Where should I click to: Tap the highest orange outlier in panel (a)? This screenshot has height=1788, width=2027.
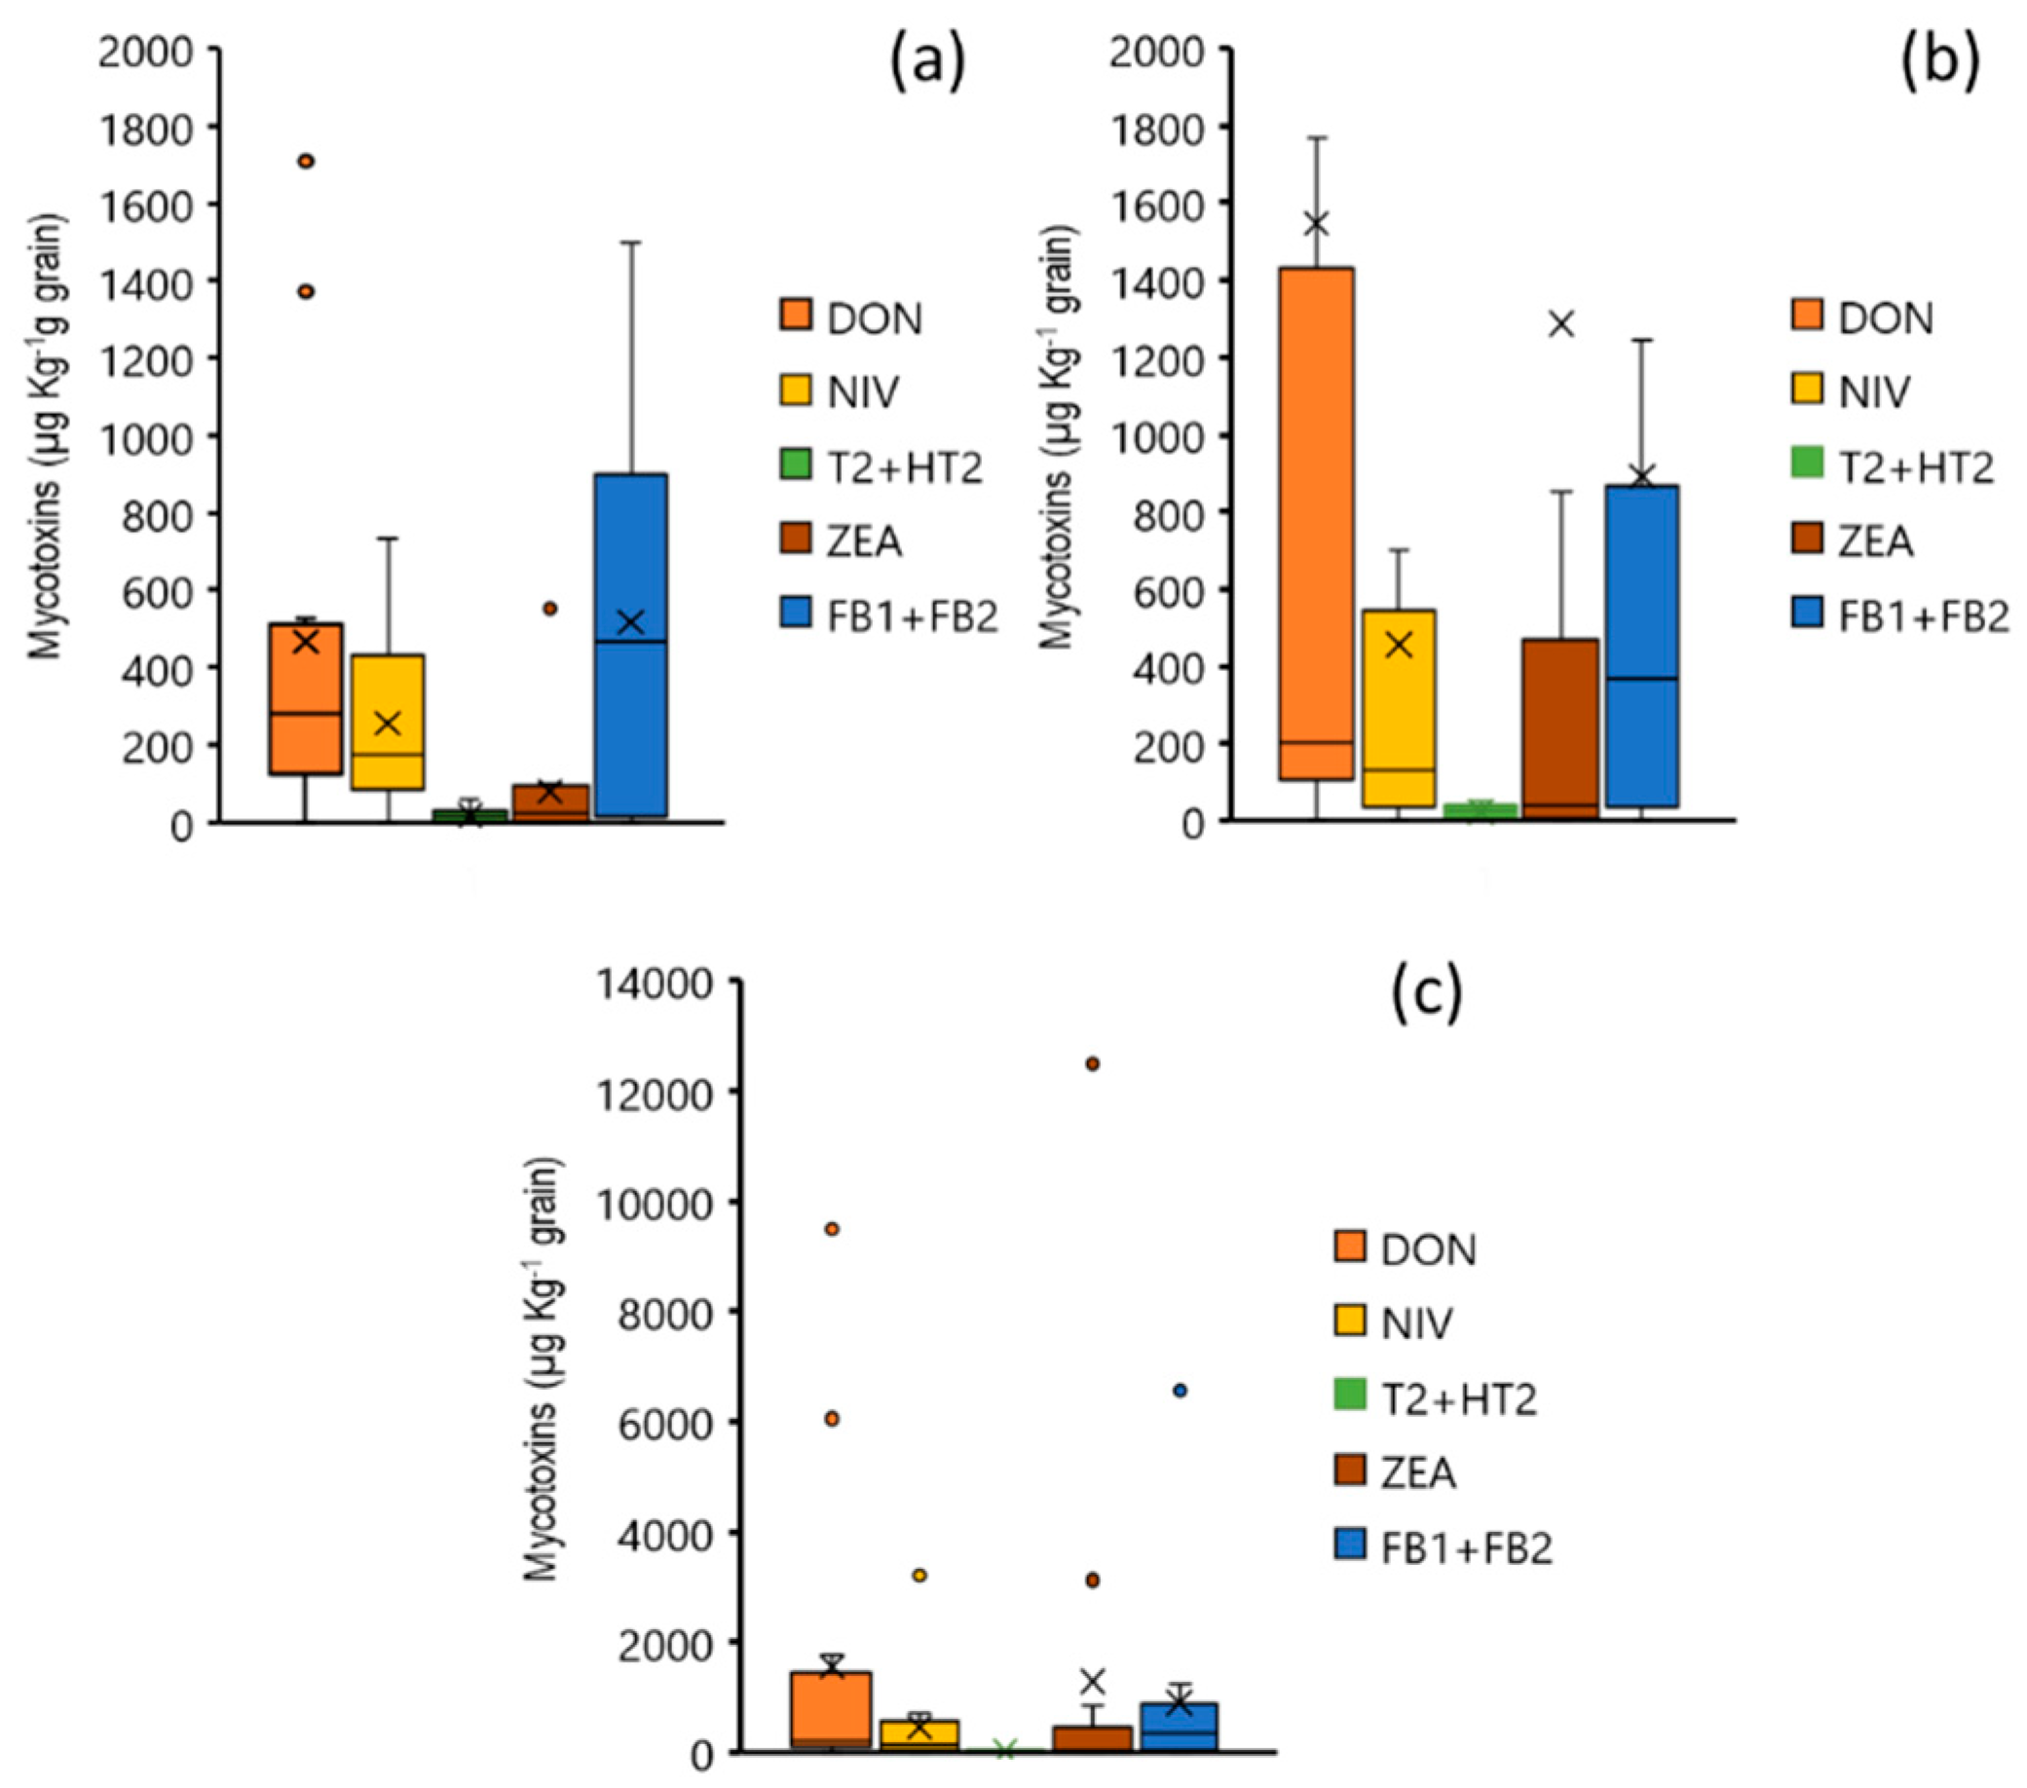pos(307,161)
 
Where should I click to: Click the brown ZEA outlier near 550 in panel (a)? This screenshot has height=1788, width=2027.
pos(549,608)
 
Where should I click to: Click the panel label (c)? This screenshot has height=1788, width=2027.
pos(1427,995)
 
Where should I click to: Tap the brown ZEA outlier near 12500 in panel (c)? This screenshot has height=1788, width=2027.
pos(1092,1064)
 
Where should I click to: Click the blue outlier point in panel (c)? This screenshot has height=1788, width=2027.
pos(1181,1392)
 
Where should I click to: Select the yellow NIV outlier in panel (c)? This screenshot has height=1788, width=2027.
pos(920,1575)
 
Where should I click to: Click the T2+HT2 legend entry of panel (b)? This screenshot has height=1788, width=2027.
pos(1895,466)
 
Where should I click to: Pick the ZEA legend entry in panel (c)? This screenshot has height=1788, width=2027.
pos(1396,1471)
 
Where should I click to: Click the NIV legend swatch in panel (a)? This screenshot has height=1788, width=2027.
pos(796,390)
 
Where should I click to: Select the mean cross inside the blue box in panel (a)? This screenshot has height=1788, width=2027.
pos(631,622)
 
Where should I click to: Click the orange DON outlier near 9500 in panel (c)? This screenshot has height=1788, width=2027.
pos(832,1229)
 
